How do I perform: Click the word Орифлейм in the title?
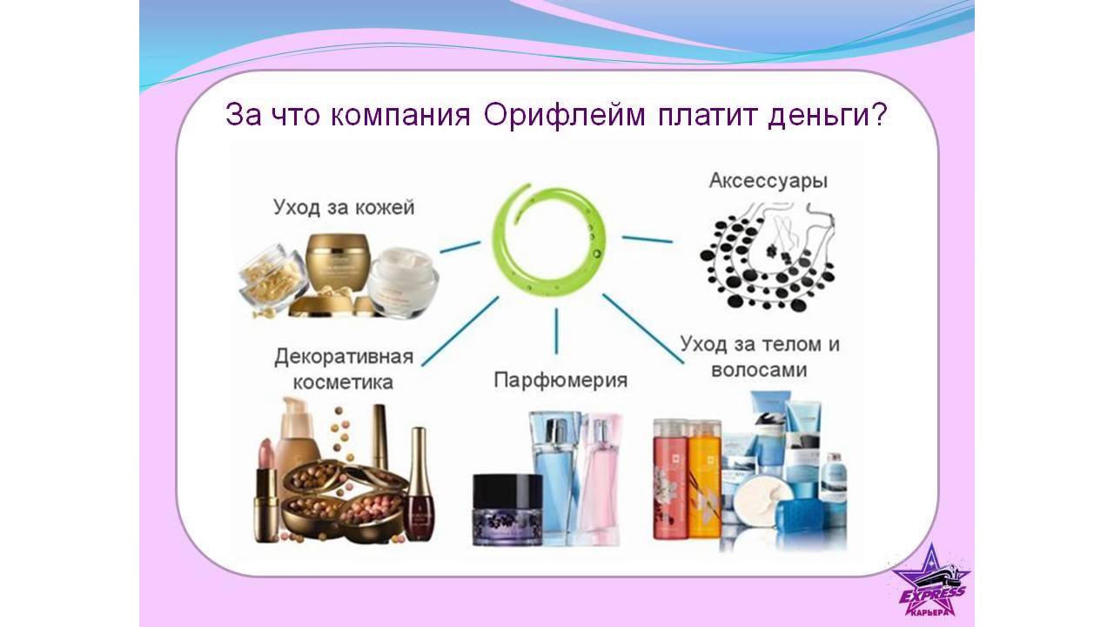(564, 116)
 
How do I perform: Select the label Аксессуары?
(768, 180)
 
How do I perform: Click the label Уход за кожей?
(344, 207)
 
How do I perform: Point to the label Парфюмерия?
(560, 381)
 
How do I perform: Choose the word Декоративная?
(344, 357)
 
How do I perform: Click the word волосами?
(759, 370)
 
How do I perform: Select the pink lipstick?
(266, 490)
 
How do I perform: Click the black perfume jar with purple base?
(507, 509)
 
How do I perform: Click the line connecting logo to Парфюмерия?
(556, 331)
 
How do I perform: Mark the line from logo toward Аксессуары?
(647, 239)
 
